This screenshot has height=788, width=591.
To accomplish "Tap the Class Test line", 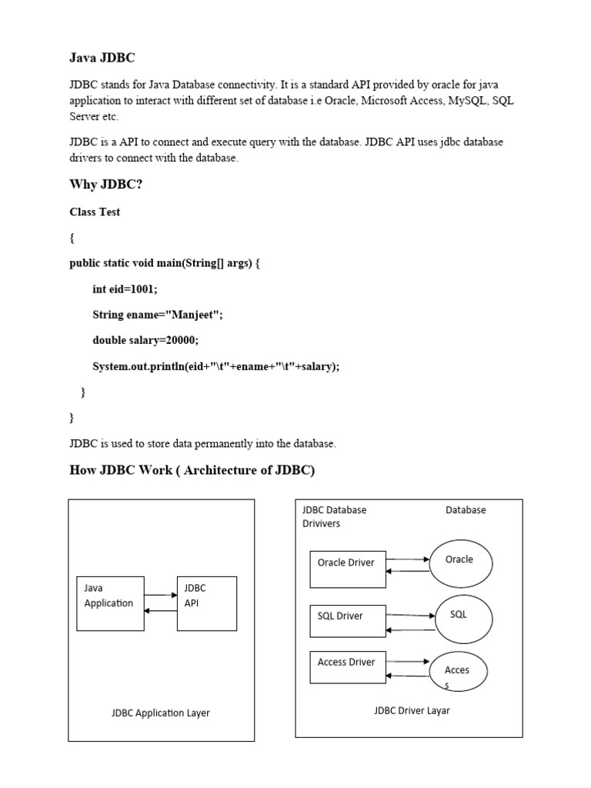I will tap(95, 212).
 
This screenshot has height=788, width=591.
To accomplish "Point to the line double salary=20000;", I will tap(150, 340).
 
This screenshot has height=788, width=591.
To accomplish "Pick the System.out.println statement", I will tap(215, 366).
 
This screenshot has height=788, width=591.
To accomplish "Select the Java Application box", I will tap(110, 603).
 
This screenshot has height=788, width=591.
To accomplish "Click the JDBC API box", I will tap(206, 603).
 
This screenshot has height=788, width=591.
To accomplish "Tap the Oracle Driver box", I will tap(346, 569).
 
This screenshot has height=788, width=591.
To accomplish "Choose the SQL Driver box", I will tap(346, 620).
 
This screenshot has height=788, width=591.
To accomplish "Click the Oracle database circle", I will tap(460, 564).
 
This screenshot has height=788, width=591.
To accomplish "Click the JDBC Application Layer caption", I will tap(160, 713).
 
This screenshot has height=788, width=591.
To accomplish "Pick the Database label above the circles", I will tap(466, 509).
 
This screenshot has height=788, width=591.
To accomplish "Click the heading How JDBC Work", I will tap(192, 470).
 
